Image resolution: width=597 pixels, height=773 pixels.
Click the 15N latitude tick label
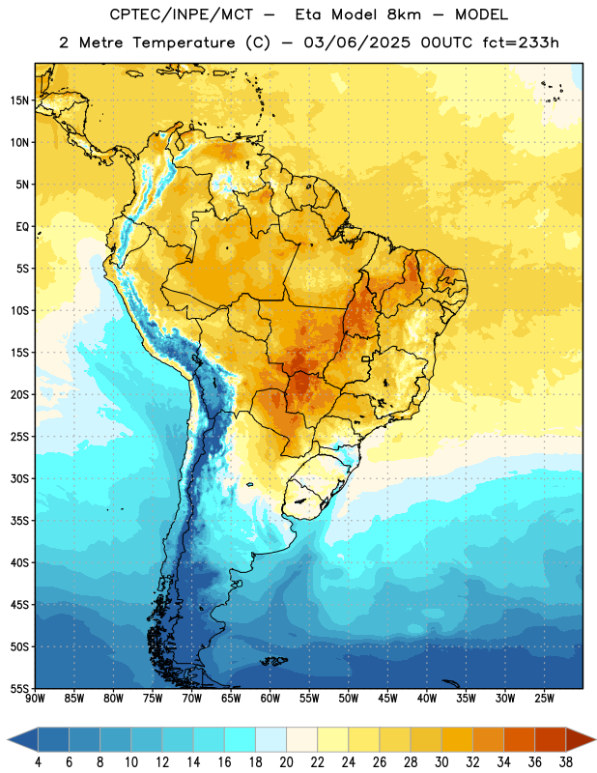pyautogui.click(x=19, y=100)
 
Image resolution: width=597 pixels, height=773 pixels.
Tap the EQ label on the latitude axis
pyautogui.click(x=22, y=227)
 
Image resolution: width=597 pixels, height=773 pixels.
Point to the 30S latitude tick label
pyautogui.click(x=19, y=478)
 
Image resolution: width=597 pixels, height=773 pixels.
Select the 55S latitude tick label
pyautogui.click(x=19, y=688)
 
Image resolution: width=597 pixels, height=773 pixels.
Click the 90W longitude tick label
pyautogui.click(x=35, y=699)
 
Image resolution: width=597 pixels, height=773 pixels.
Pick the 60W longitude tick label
pyautogui.click(x=270, y=699)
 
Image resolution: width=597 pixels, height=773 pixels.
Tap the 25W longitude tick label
pyautogui.click(x=544, y=699)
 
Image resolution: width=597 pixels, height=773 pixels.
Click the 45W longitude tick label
pyautogui.click(x=387, y=699)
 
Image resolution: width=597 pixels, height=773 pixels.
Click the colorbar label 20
pyautogui.click(x=286, y=762)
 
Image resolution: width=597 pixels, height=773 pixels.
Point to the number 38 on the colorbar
pyautogui.click(x=566, y=762)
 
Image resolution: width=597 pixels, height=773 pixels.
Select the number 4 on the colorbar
pyautogui.click(x=38, y=762)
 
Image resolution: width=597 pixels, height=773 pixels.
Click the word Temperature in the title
pyautogui.click(x=184, y=43)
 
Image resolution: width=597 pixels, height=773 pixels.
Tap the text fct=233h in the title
pyautogui.click(x=521, y=43)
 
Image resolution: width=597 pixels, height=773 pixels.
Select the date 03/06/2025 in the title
pyautogui.click(x=356, y=43)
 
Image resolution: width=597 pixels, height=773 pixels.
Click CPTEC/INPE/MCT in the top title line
pyautogui.click(x=182, y=14)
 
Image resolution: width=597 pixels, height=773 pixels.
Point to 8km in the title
pyautogui.click(x=404, y=14)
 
